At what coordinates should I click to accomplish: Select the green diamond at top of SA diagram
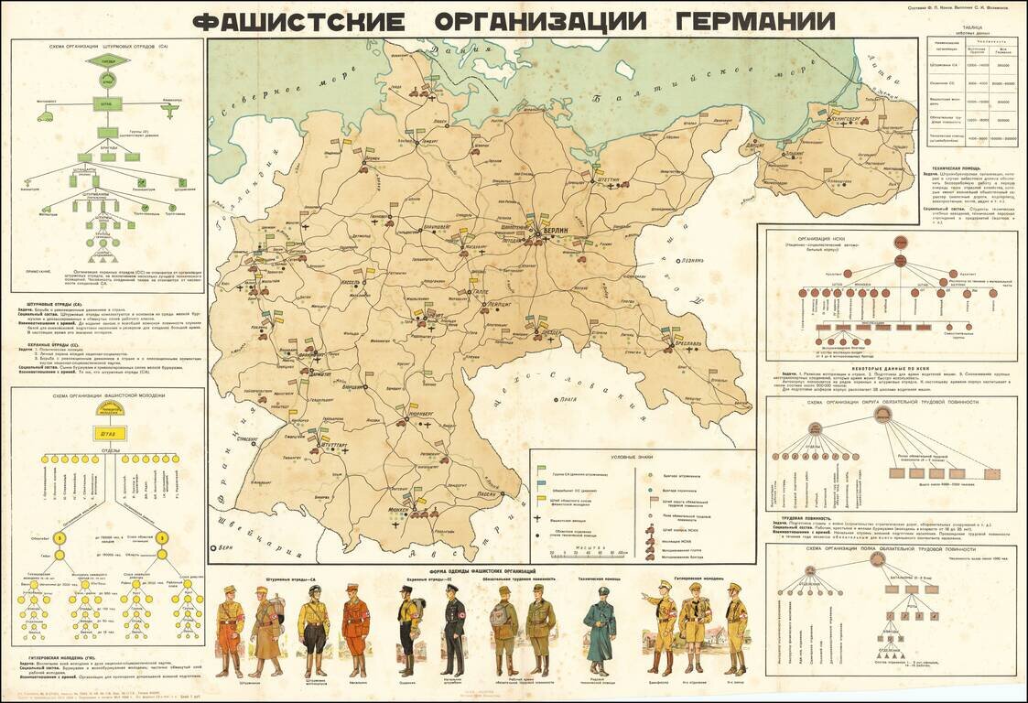(108, 61)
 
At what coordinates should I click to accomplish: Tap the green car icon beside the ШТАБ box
(45, 114)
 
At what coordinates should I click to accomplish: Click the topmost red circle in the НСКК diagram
(901, 242)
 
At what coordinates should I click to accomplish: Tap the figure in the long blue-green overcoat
(601, 632)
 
